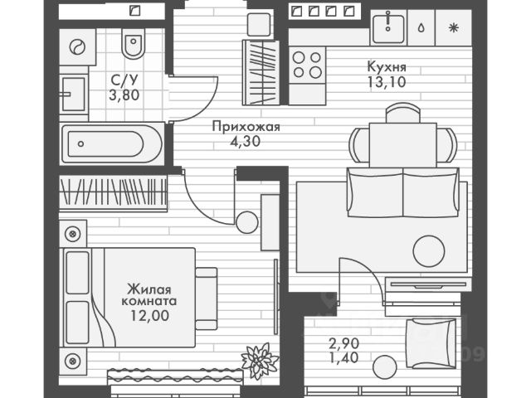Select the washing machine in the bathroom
tap(78, 47)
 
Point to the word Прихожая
tap(246, 127)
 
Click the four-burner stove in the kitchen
tap(306, 64)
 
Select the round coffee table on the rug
tap(430, 248)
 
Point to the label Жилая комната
tap(149, 296)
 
